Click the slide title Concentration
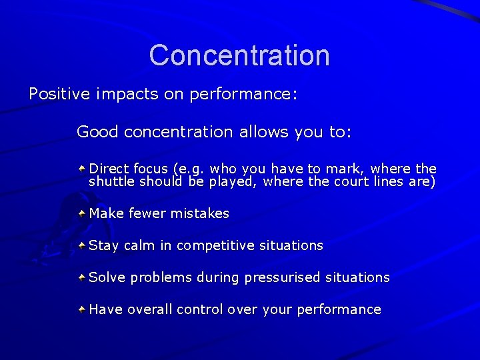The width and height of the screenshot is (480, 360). click(x=239, y=55)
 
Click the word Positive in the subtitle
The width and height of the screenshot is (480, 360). click(x=58, y=94)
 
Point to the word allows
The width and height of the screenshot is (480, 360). click(x=259, y=132)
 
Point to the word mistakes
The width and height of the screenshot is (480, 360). click(x=199, y=214)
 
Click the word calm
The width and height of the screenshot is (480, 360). click(x=139, y=245)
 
